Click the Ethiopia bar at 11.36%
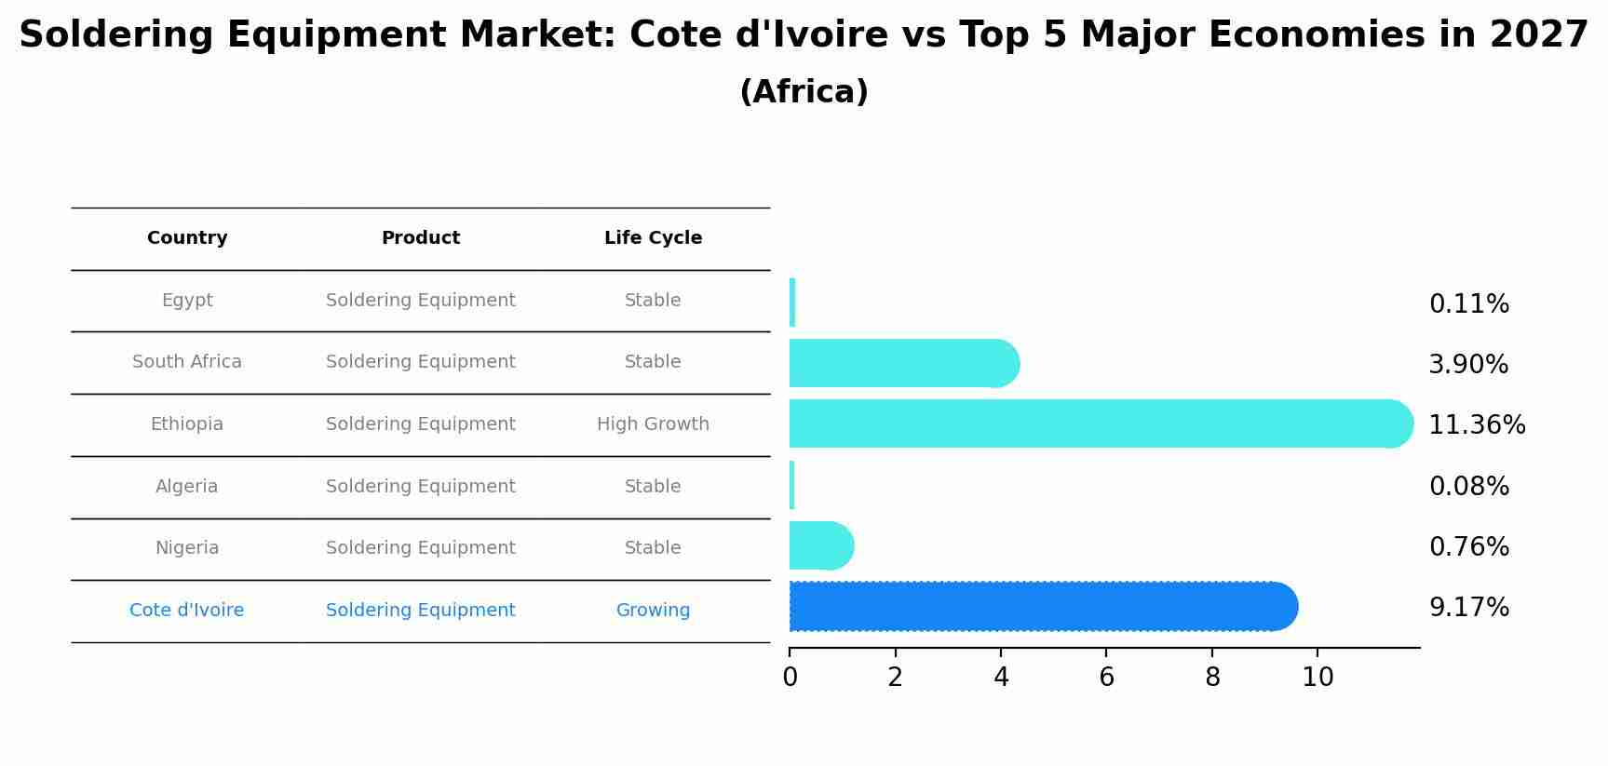pyautogui.click(x=1099, y=423)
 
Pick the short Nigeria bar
pyautogui.click(x=820, y=545)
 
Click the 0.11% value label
pyautogui.click(x=1468, y=304)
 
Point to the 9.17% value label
pyautogui.click(x=1468, y=608)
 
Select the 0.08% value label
pyautogui.click(x=1468, y=487)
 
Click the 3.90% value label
pyautogui.click(x=1468, y=365)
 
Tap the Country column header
pyautogui.click(x=187, y=238)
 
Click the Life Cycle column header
pyautogui.click(x=653, y=238)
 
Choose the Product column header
pyautogui.click(x=421, y=238)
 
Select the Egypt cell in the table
pyautogui.click(x=187, y=301)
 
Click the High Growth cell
pyautogui.click(x=653, y=424)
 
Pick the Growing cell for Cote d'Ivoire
pyautogui.click(x=653, y=611)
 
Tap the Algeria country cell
pyautogui.click(x=187, y=487)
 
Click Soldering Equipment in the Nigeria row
pyautogui.click(x=421, y=548)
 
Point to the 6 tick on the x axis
pyautogui.click(x=1106, y=678)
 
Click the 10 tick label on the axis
pyautogui.click(x=1317, y=678)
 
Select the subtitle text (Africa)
pyautogui.click(x=804, y=92)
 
